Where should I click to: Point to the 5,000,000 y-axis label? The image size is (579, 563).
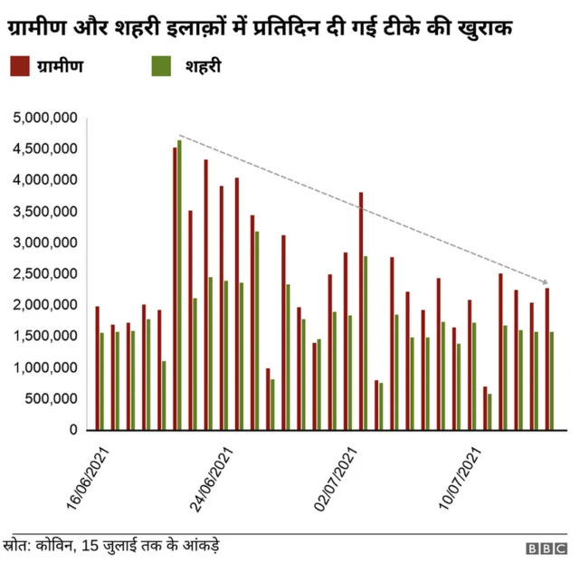45,119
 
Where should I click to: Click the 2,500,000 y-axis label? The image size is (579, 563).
45,274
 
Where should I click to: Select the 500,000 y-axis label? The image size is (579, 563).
51,399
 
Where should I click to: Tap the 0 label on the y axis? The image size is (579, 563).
75,431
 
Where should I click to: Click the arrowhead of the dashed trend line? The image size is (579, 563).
545,282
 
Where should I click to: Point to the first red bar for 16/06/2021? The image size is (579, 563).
97,368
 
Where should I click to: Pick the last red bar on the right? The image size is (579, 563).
546,359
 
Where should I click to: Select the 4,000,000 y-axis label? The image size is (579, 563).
45,181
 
